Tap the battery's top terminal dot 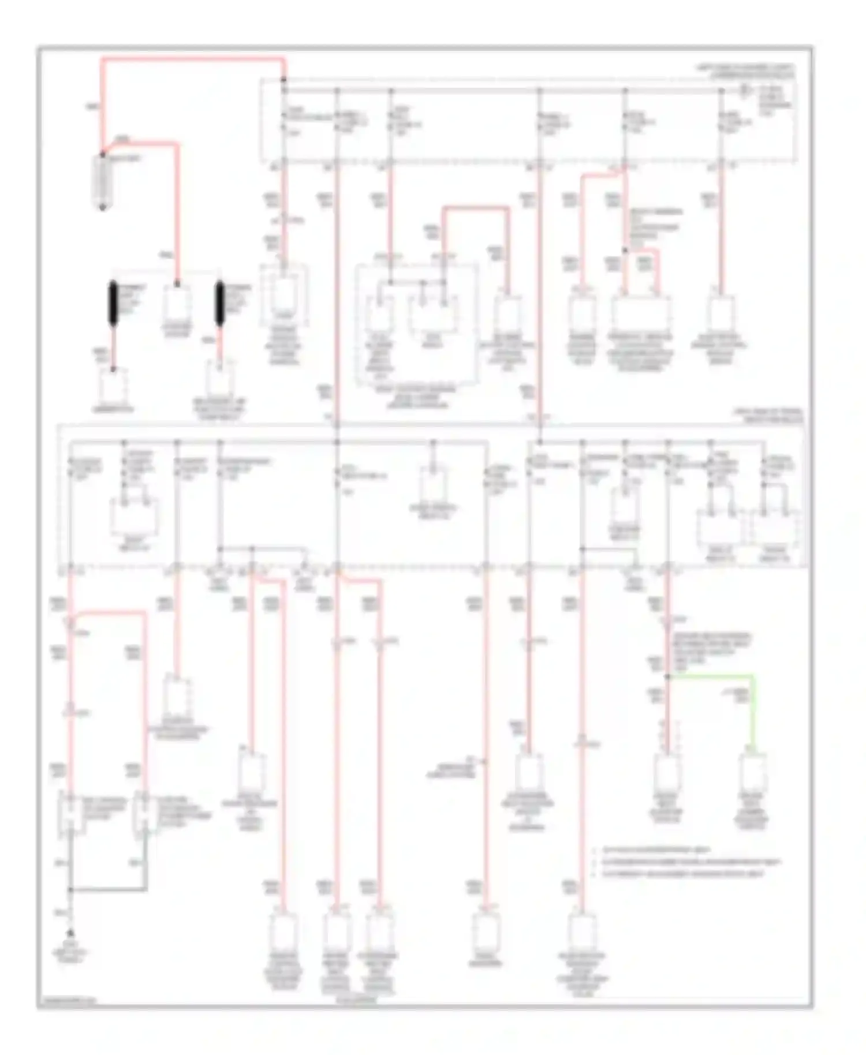point(103,154)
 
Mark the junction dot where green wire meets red point(668,676)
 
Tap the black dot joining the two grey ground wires point(70,889)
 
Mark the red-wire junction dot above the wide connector point(625,251)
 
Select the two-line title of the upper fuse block point(745,71)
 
